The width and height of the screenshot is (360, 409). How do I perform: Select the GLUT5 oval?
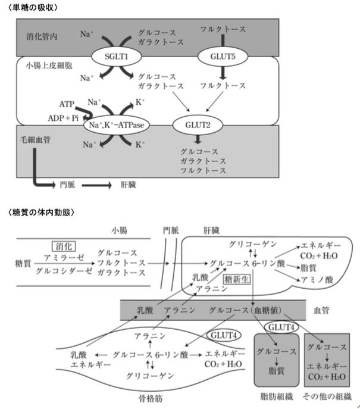click(223, 58)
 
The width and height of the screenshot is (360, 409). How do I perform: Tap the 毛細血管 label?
click(33, 137)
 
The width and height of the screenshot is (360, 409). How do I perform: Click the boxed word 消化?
click(62, 245)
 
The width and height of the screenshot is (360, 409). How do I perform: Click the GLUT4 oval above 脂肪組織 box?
click(278, 328)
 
